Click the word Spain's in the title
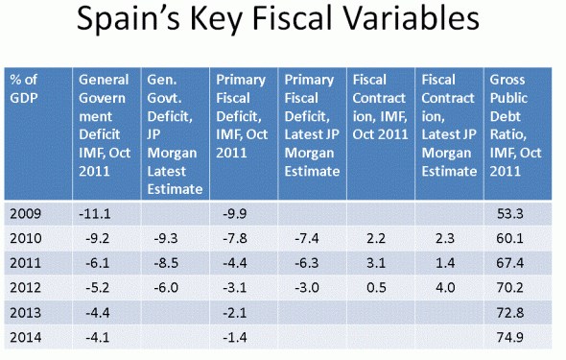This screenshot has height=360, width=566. [x=129, y=19]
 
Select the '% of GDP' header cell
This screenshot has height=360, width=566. [x=38, y=133]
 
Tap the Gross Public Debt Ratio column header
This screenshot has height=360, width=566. [x=518, y=133]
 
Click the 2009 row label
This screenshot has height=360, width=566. [x=26, y=214]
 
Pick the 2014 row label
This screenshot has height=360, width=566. [x=26, y=337]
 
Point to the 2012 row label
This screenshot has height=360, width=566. [x=26, y=288]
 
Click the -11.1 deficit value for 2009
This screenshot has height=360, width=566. [x=95, y=214]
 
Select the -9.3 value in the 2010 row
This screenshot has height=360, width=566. [x=166, y=239]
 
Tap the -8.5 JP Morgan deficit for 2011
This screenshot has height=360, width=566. [x=166, y=263]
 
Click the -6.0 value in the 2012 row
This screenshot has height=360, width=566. [x=166, y=288]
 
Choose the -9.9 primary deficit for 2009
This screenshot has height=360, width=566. [x=235, y=214]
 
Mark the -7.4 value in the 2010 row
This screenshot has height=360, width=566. [x=306, y=239]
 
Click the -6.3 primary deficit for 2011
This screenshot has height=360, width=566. [x=306, y=263]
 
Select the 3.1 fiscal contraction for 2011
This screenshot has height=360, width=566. [x=376, y=263]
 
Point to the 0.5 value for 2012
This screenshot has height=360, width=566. [x=376, y=288]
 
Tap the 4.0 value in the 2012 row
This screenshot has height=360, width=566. [x=445, y=288]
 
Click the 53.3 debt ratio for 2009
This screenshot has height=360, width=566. [x=510, y=214]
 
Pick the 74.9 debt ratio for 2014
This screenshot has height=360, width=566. [x=510, y=337]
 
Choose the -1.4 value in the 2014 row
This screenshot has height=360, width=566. [x=235, y=337]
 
